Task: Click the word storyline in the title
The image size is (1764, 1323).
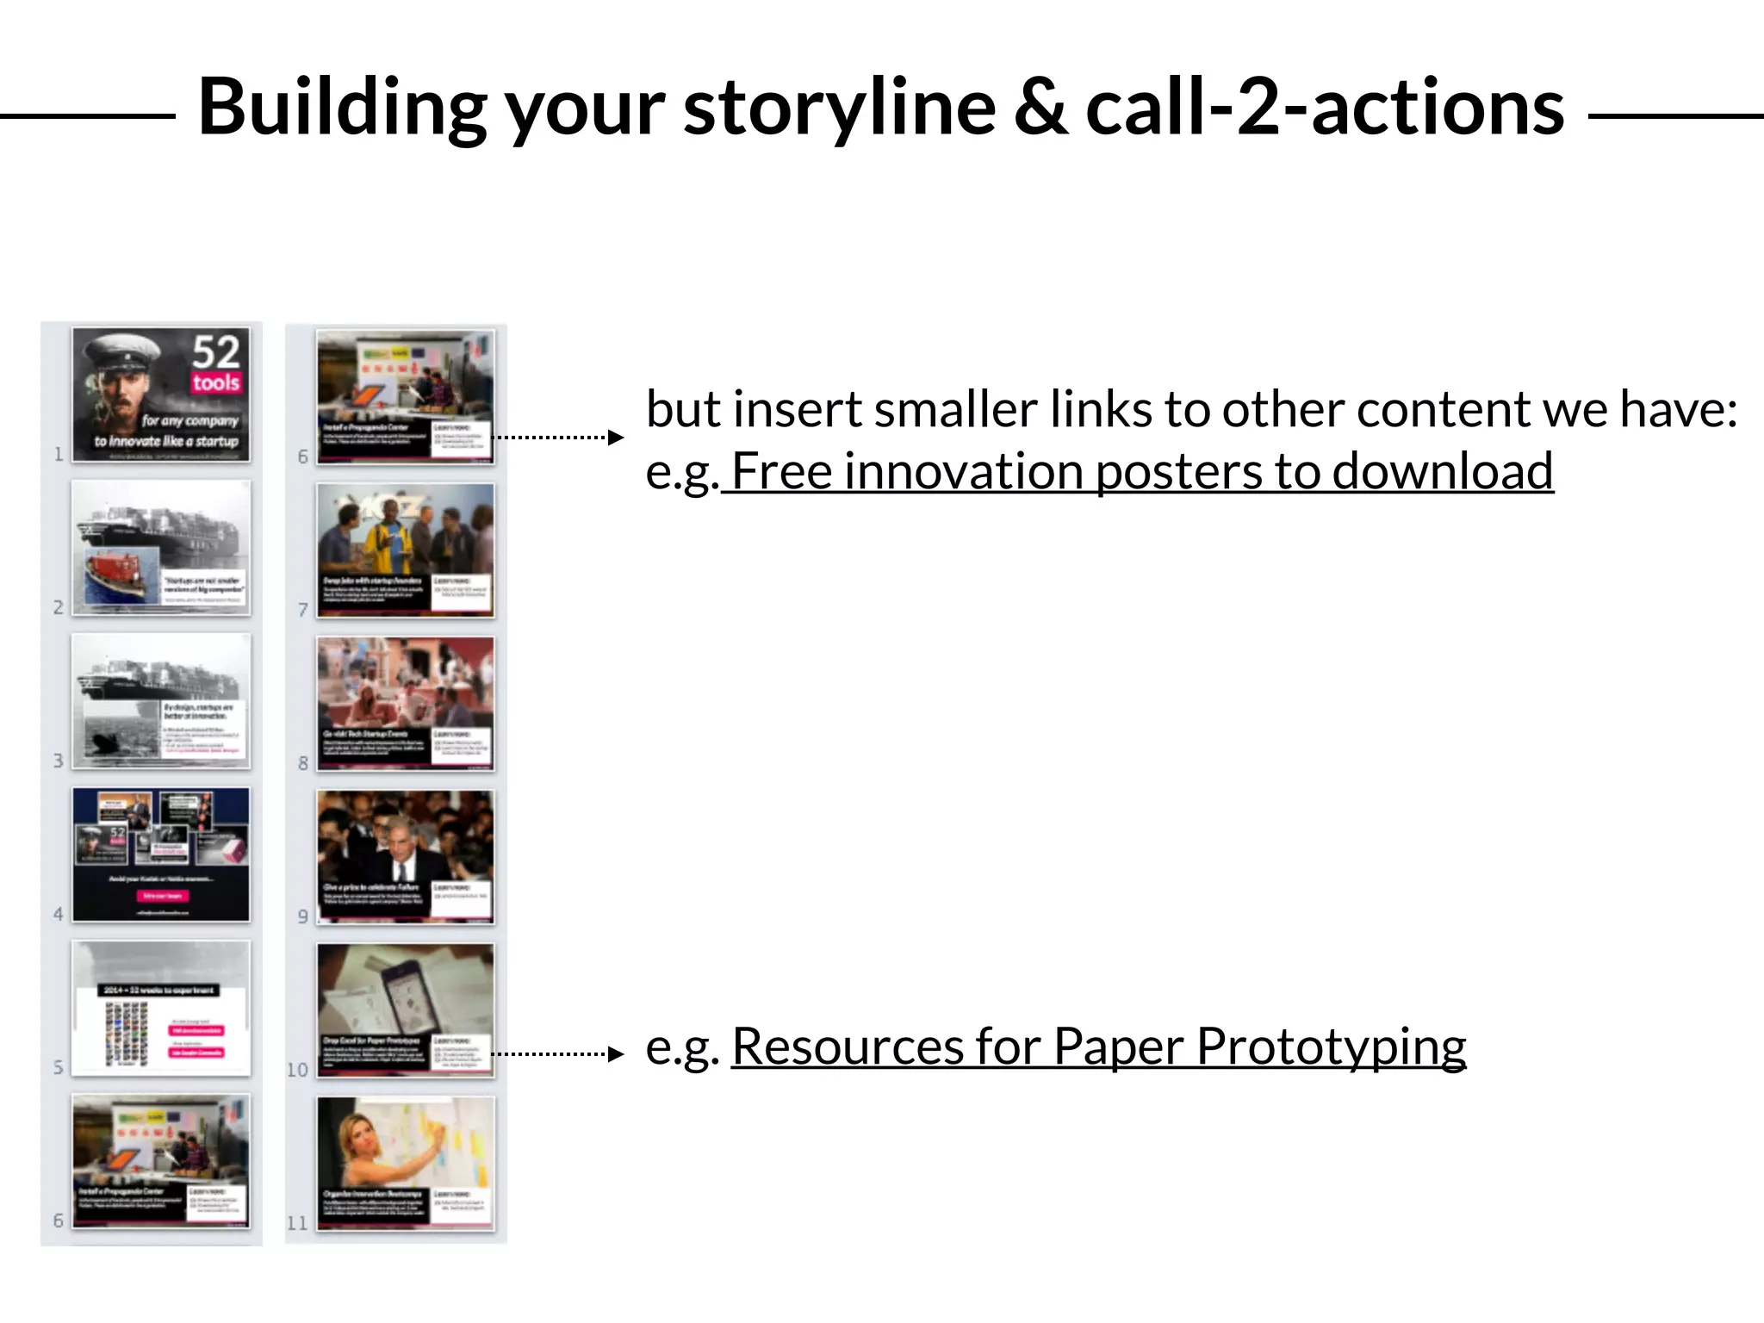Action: [x=839, y=108]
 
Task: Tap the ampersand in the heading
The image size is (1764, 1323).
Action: [x=1040, y=108]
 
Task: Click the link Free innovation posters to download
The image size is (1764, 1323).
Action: [x=1141, y=472]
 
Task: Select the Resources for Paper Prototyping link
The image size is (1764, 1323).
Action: [x=1098, y=1047]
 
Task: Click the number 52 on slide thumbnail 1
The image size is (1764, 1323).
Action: [x=215, y=351]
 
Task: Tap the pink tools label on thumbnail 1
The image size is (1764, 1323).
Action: [x=215, y=382]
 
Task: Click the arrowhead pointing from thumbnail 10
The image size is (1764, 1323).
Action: [x=615, y=1053]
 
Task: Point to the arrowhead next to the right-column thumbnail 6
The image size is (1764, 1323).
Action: [x=615, y=438]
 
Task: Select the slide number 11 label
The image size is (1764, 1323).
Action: [x=297, y=1223]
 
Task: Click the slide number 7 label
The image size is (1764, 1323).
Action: [x=302, y=610]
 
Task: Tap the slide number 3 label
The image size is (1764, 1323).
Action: [x=58, y=761]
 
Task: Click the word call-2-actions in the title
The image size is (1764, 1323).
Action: [x=1324, y=108]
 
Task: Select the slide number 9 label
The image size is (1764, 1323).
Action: [x=302, y=916]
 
